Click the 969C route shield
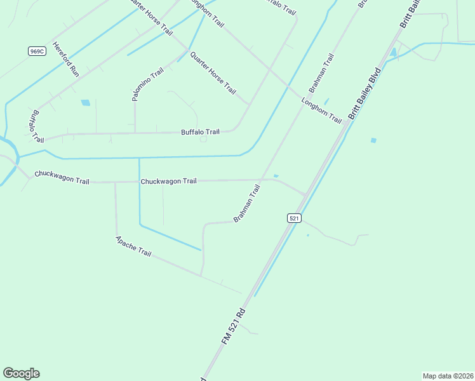point(37,51)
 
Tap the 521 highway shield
point(293,218)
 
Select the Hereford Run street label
point(65,60)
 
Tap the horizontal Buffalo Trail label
point(200,132)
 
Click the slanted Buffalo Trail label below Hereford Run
point(34,126)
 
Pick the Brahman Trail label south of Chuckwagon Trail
point(247,203)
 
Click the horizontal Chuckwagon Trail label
point(168,181)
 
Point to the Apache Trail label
point(133,246)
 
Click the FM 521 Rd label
point(233,326)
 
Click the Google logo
point(21,373)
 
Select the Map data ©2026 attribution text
point(448,375)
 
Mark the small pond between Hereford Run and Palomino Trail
point(85,102)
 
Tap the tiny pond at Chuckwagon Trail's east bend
point(276,176)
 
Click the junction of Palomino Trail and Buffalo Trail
point(135,133)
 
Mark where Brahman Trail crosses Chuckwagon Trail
point(262,180)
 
